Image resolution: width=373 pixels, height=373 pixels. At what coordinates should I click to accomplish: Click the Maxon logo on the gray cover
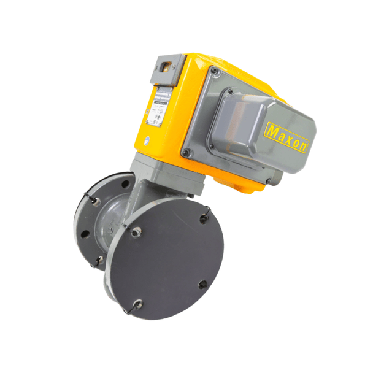(x=288, y=138)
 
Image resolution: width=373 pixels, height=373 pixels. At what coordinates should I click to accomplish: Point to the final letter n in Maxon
(x=305, y=146)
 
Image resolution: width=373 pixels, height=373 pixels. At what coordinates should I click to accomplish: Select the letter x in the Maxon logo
(x=288, y=138)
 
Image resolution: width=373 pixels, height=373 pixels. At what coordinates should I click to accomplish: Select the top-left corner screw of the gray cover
(x=214, y=71)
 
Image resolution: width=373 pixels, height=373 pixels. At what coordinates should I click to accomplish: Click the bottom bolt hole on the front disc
(x=138, y=302)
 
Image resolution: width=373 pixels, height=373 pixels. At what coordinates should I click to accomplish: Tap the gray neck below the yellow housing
(x=153, y=175)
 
